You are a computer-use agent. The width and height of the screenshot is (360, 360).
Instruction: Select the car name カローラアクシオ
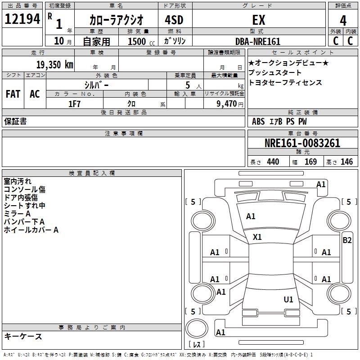116,20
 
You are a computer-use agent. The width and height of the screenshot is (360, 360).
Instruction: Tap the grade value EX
258,20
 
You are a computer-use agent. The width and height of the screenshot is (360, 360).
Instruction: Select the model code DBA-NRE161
258,41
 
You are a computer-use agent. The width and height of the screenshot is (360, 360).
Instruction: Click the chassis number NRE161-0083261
302,143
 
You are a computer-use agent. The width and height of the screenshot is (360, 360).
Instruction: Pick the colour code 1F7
75,103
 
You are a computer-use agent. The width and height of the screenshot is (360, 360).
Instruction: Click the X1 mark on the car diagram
257,237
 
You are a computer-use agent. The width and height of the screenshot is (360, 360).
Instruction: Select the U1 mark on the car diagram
288,299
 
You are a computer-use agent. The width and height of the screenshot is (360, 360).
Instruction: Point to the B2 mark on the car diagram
347,240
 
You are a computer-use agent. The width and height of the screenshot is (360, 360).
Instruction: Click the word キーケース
23,337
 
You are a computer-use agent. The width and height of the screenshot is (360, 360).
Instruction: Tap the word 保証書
15,121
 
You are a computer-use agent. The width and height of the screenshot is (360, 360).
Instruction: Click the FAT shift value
13,94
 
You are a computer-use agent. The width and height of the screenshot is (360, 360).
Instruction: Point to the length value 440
273,162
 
